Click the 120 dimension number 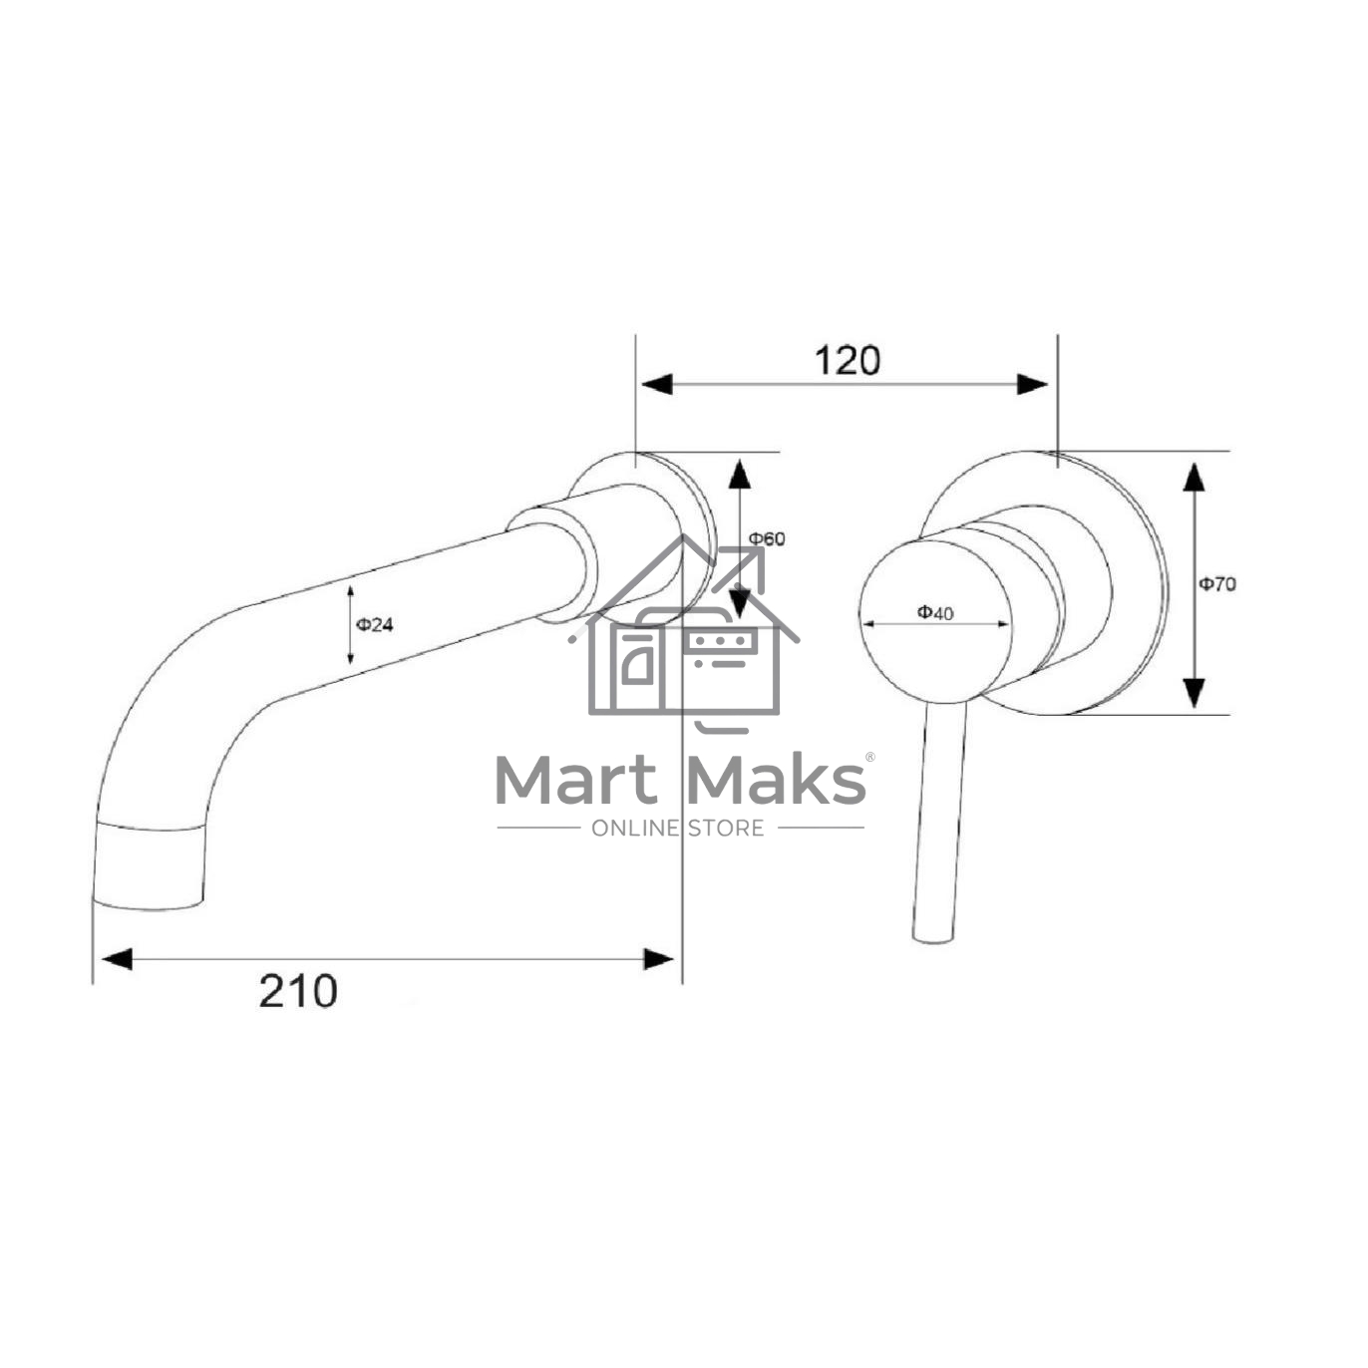[847, 361]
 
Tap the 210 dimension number [298, 991]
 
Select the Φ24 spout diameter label [374, 625]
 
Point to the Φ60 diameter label [768, 539]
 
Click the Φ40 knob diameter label [935, 612]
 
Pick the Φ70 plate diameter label [1216, 584]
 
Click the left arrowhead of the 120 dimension [657, 385]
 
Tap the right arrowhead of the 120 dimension [1032, 385]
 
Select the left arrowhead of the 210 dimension [117, 959]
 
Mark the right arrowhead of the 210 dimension [659, 959]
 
